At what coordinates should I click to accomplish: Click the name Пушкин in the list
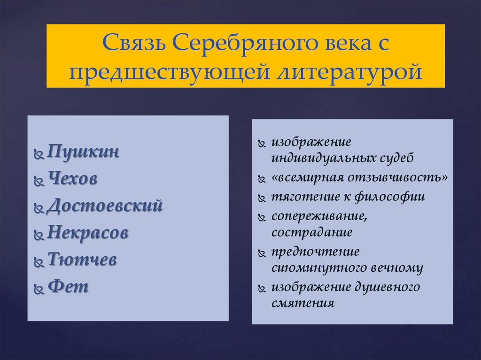83,153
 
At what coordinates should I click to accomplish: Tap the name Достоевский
105,207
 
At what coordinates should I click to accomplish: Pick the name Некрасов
87,233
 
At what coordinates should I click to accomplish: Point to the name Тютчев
82,260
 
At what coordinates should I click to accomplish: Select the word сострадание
311,232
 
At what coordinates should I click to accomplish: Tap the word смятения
303,303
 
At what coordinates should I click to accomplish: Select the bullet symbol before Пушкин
39,154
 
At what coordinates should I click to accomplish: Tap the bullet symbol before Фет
39,288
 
